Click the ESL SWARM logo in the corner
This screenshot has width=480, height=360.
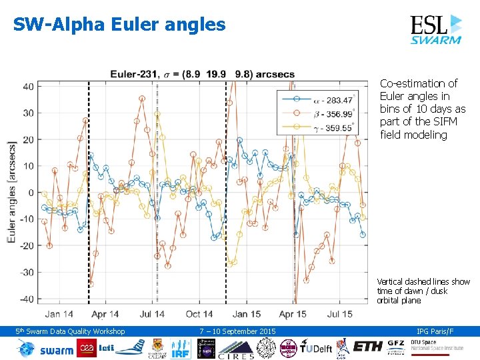coord(435,29)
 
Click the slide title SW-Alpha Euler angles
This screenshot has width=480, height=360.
coord(119,25)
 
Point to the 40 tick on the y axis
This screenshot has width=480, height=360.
coord(29,87)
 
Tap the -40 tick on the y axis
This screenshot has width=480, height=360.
coord(26,299)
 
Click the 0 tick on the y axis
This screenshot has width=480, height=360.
coord(31,193)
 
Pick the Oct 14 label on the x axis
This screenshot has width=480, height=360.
coord(199,314)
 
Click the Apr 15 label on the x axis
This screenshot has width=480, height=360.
coord(293,314)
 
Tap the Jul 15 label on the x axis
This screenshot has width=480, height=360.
coord(340,314)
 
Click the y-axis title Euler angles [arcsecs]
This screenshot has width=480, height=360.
coord(12,192)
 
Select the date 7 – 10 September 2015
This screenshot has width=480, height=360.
coord(237,331)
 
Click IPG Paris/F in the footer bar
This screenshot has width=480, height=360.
coord(435,331)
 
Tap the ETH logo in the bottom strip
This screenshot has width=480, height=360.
coord(368,347)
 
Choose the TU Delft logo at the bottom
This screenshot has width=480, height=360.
coord(315,348)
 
